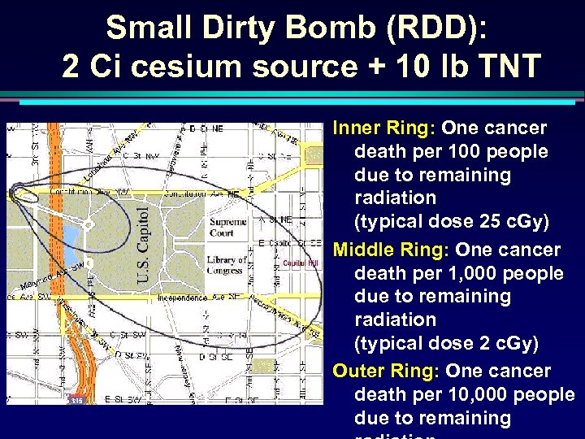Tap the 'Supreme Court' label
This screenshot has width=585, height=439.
point(227,226)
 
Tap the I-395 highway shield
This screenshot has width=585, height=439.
point(76,399)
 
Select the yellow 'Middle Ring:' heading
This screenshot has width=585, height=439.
point(392,250)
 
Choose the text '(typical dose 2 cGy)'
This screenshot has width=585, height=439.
point(446,343)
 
